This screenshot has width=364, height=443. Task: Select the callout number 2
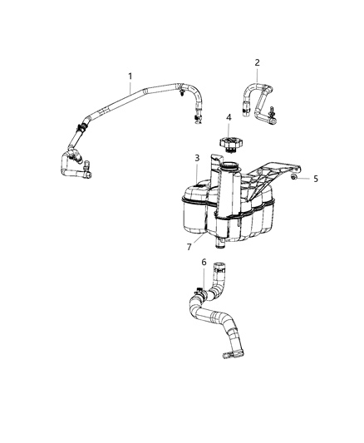[x=257, y=62]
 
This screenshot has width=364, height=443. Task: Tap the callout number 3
[x=196, y=158]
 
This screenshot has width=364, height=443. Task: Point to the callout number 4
[x=228, y=117]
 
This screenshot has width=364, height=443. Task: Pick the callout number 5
[x=315, y=178]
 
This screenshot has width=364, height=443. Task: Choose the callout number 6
[x=204, y=263]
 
